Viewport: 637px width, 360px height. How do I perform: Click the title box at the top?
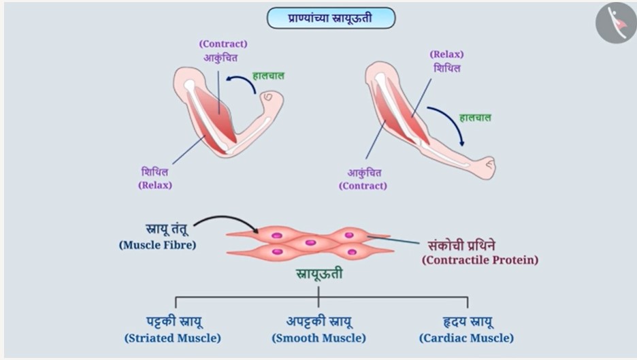pos(331,18)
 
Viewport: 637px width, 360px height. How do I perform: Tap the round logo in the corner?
pos(617,22)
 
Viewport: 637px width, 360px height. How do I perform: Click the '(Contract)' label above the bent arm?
pos(223,44)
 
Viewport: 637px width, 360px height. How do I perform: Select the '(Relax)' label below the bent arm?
pos(155,185)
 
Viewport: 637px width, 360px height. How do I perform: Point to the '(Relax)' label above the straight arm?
pos(446,54)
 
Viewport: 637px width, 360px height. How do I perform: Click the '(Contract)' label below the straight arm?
pos(363,186)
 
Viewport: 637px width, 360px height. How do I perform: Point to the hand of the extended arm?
pos(487,167)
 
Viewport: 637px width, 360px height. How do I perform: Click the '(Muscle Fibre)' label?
pos(158,246)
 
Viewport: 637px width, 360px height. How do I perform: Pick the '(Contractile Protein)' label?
pos(480,260)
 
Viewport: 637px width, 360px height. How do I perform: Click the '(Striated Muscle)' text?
pos(173,338)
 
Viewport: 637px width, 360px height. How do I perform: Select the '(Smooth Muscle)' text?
pos(319,338)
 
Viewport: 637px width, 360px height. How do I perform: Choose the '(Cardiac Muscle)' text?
pos(466,338)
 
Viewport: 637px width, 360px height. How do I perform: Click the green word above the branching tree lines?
pos(319,274)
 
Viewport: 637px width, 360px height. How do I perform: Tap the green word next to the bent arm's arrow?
pos(268,76)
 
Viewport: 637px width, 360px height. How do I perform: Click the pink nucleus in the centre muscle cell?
pos(311,243)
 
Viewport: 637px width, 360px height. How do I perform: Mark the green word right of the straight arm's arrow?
pos(475,118)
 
